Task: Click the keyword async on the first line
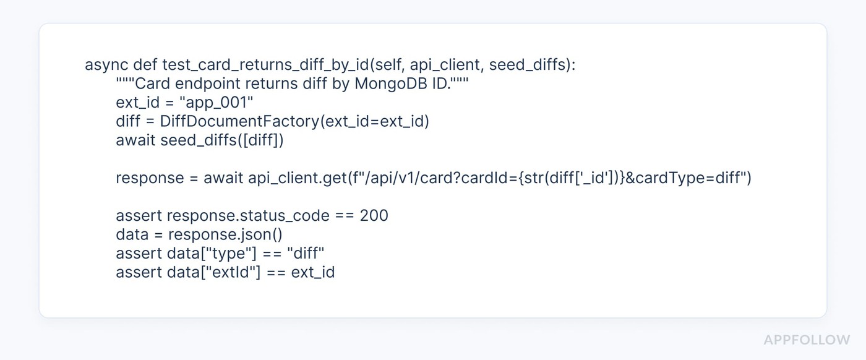pyautogui.click(x=106, y=65)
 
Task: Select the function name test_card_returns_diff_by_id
pyautogui.click(x=265, y=65)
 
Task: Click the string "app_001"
pyautogui.click(x=216, y=103)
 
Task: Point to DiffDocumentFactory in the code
pyautogui.click(x=240, y=121)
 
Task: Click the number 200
pyautogui.click(x=374, y=215)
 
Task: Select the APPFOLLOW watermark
pyautogui.click(x=807, y=340)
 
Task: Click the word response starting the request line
pyautogui.click(x=150, y=178)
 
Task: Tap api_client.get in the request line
pyautogui.click(x=298, y=178)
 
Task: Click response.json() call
pyautogui.click(x=225, y=234)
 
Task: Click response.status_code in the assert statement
pyautogui.click(x=248, y=216)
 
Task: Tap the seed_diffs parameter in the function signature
pyautogui.click(x=528, y=65)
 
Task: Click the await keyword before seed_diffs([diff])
pyautogui.click(x=135, y=140)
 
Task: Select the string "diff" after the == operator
pyautogui.click(x=306, y=253)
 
